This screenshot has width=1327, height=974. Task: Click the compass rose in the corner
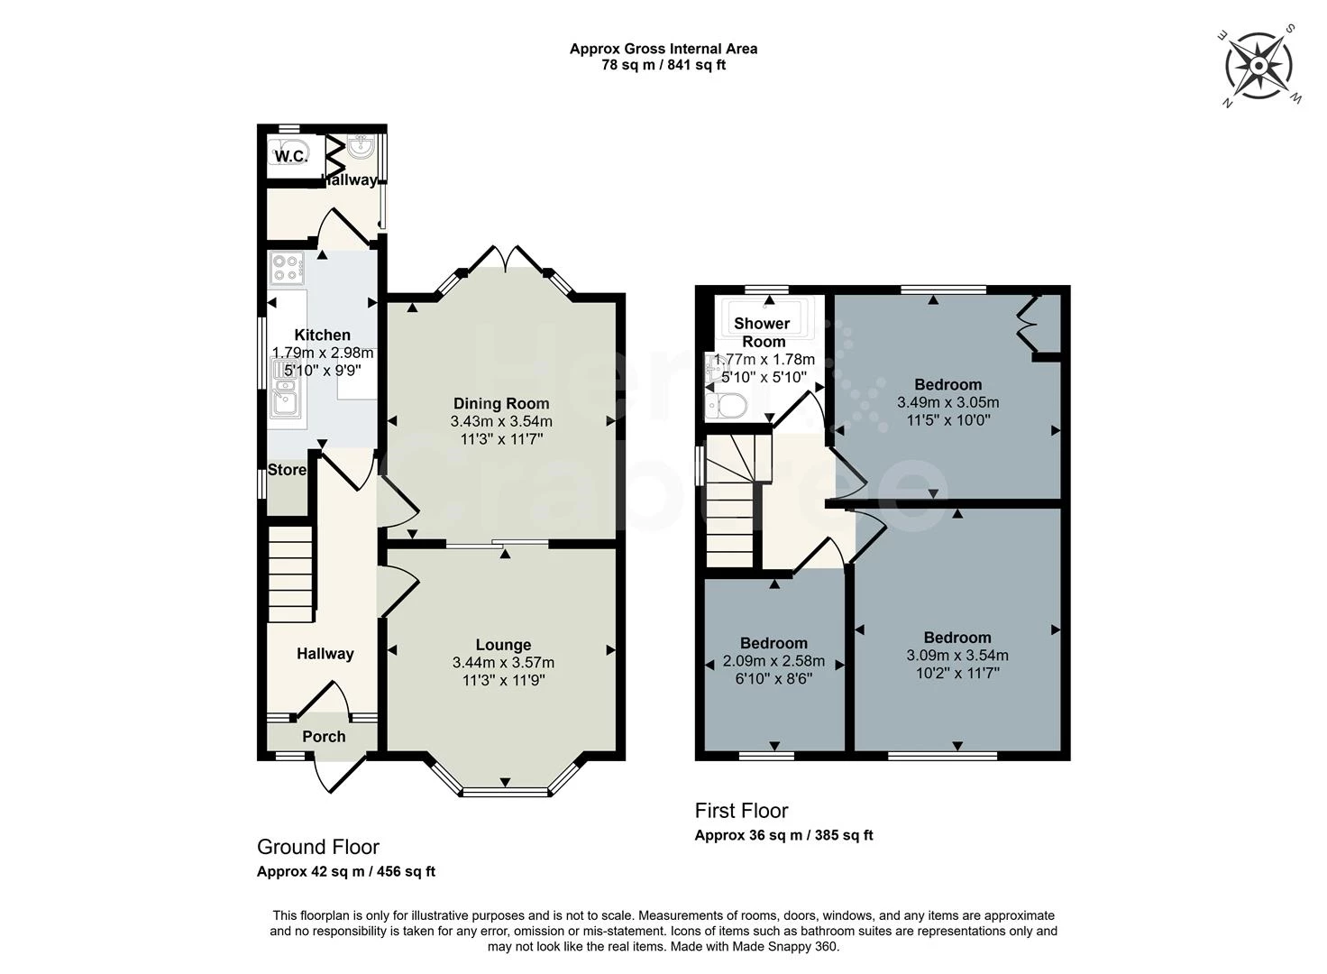1259,65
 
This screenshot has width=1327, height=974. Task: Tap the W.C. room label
289,156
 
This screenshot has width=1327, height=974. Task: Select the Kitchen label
322,335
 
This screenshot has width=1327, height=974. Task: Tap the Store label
287,470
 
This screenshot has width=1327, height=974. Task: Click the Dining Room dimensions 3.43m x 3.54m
501,421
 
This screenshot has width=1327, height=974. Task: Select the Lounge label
503,645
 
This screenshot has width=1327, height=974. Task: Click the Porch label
324,736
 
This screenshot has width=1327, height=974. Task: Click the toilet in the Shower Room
727,406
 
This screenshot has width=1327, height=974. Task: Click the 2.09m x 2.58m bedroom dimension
773,661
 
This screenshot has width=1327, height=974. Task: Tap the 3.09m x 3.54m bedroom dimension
956,656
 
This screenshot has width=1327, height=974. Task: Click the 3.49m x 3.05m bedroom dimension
947,402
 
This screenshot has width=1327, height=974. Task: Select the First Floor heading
741,810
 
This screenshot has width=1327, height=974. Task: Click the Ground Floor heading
318,847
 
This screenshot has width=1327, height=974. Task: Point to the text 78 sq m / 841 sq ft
663,65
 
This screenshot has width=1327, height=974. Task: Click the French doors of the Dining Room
505,259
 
